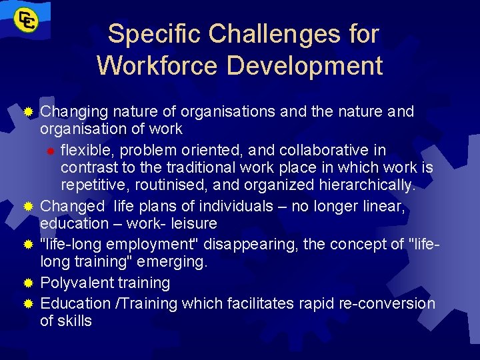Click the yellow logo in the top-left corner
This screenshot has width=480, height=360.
pos(25,20)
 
